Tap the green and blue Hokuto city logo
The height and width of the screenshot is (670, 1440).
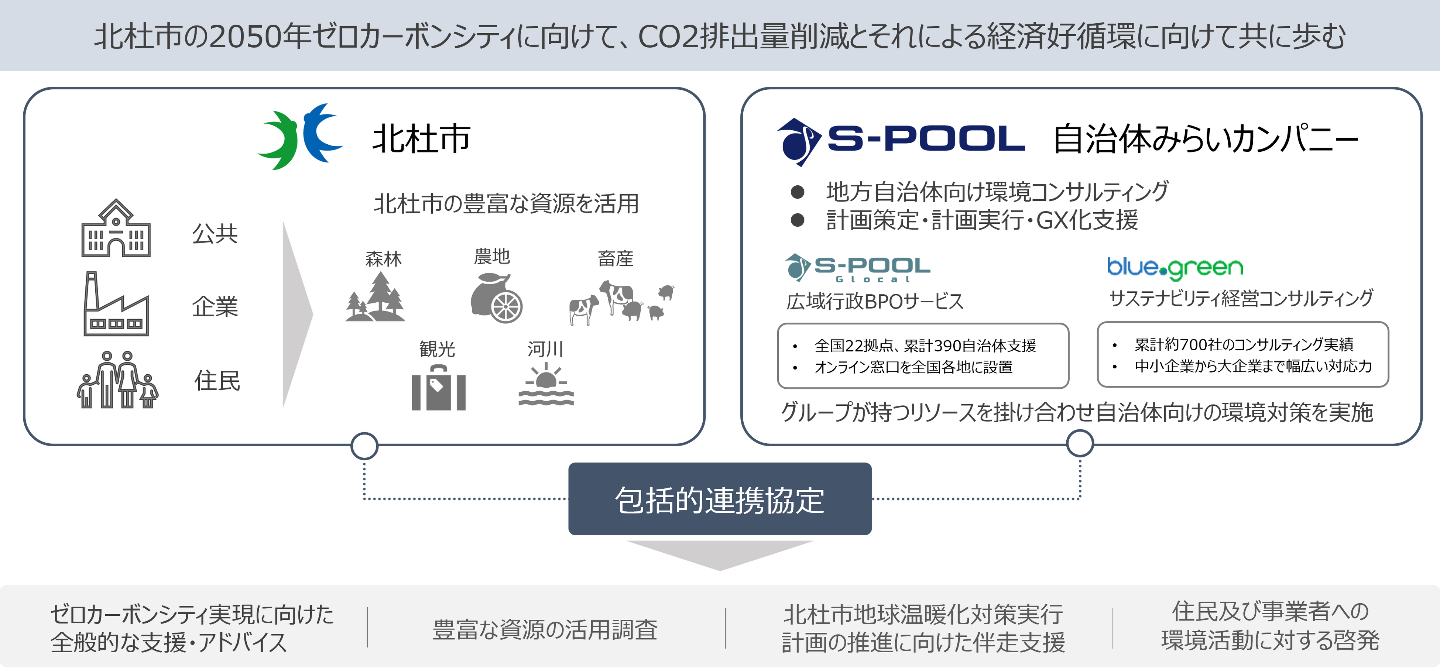point(300,136)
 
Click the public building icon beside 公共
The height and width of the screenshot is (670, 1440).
point(116,229)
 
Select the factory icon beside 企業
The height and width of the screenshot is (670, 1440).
point(116,305)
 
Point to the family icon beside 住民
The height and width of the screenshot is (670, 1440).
point(117,380)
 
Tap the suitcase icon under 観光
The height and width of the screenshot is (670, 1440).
point(438,388)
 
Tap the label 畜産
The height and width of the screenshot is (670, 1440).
point(616,259)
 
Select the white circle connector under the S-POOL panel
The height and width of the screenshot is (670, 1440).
point(1080,444)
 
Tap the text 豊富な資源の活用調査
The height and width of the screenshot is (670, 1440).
point(545,629)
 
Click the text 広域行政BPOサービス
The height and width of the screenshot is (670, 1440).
point(875,302)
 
